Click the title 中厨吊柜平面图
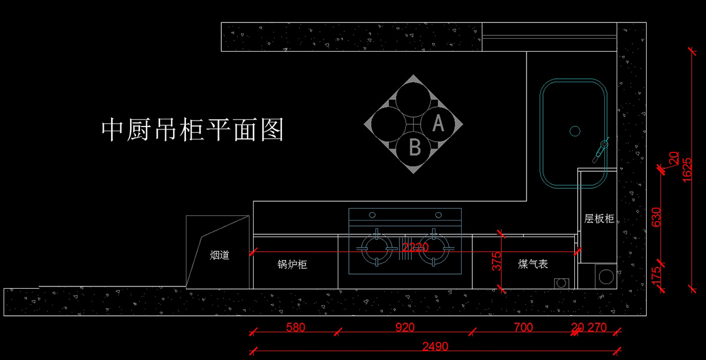192,129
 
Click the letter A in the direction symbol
438,124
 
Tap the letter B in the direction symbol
415,147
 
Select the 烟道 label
220,255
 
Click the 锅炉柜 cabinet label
292,265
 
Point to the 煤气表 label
533,264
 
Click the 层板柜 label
599,219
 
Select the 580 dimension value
295,328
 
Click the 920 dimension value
405,328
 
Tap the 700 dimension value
523,328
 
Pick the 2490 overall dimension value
435,346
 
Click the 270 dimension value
597,328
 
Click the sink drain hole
575,131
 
